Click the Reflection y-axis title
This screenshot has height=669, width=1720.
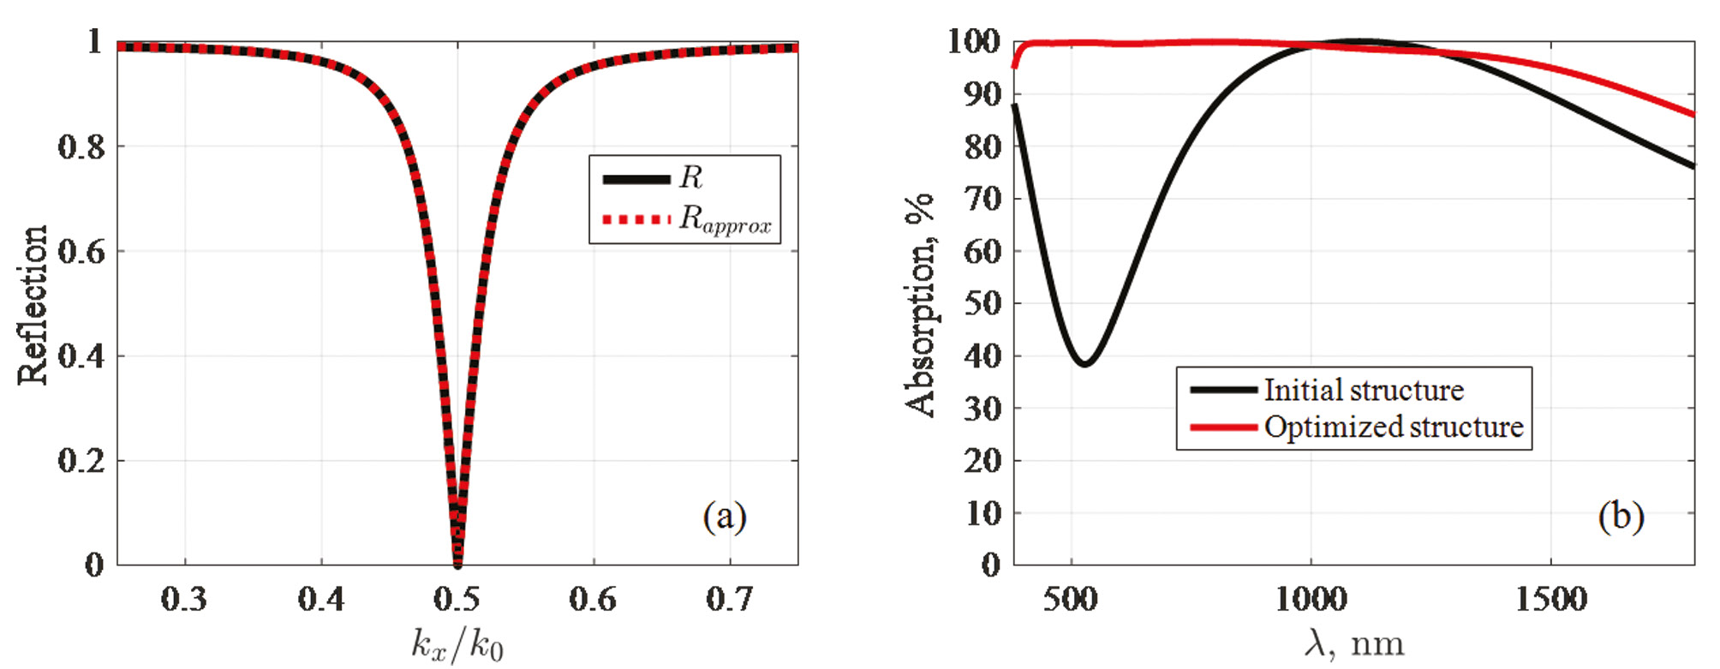point(33,305)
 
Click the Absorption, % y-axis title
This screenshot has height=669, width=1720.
point(920,305)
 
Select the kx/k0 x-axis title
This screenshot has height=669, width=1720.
point(457,644)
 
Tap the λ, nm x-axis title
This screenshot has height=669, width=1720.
point(1353,643)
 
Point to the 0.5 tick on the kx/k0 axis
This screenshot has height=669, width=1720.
point(457,599)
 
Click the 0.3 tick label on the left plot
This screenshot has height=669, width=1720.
point(184,599)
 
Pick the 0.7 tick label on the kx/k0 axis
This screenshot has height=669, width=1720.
point(730,599)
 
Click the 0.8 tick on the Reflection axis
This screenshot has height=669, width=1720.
point(81,146)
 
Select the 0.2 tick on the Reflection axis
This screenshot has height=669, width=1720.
point(81,461)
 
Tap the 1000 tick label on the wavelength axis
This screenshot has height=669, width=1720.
point(1311,599)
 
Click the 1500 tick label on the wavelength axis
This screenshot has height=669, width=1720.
point(1550,599)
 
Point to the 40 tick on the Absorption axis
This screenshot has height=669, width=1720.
point(982,355)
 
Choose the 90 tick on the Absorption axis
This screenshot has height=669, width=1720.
point(982,94)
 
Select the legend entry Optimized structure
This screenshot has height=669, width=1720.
point(1393,427)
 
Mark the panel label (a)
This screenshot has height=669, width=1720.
point(725,517)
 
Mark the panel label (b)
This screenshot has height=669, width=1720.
point(1621,517)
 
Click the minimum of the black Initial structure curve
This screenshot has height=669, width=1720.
point(1084,363)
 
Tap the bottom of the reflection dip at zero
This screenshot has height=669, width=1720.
point(457,563)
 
